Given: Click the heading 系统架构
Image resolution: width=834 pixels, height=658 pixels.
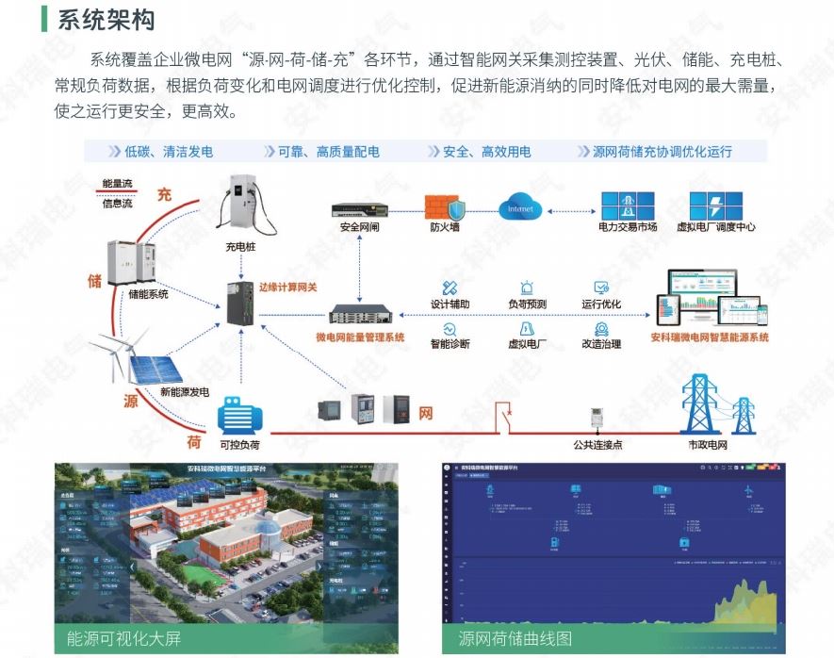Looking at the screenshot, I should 106,20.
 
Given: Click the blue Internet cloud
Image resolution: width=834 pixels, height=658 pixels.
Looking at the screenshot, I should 520,207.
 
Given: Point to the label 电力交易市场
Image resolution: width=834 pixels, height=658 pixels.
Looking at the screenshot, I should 627,227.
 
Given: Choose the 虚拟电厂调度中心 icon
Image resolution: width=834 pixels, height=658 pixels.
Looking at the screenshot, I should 716,206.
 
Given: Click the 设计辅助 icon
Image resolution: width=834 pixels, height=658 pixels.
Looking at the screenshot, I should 450,287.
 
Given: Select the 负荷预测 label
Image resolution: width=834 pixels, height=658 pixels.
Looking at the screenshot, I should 527,304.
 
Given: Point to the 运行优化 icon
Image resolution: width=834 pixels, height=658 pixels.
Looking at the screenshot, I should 600,287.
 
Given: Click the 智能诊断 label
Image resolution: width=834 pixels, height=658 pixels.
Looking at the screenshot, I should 450,344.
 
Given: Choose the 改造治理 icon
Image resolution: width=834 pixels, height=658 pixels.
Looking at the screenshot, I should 600,327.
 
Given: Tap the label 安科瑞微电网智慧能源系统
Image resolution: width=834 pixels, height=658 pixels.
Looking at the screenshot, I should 709,337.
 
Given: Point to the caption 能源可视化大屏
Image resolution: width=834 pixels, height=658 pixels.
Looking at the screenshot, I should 121,638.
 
